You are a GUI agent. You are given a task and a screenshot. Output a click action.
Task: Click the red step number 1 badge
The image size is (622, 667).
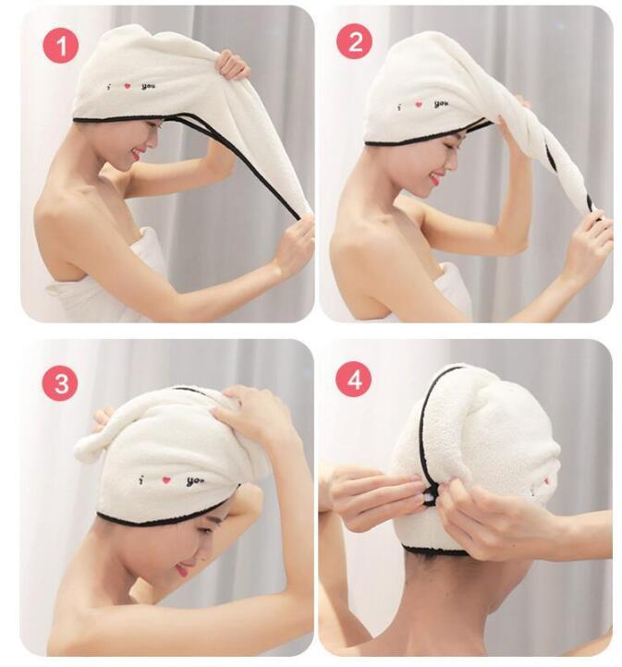[60, 44]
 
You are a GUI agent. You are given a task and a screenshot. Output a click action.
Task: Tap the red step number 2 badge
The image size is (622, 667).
[354, 42]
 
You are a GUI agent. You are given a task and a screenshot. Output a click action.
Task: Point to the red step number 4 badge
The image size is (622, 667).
[354, 379]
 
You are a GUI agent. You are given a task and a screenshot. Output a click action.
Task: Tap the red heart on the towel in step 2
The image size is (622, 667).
[419, 105]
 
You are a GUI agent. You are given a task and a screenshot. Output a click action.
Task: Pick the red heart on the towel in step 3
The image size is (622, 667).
[167, 479]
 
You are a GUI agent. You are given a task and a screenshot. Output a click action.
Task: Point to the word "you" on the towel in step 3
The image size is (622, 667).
[195, 480]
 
